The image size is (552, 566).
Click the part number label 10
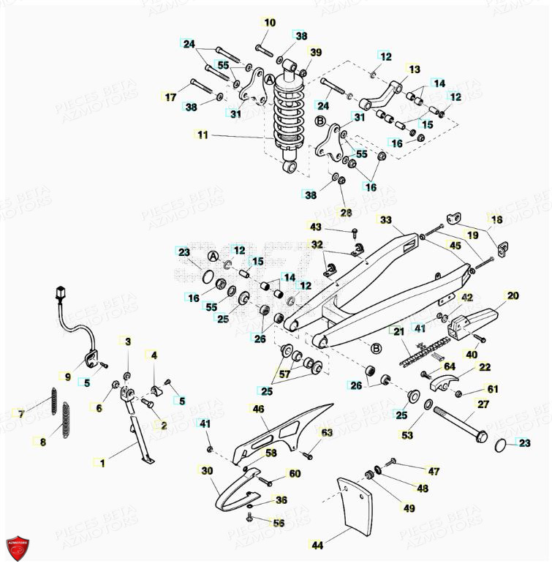tap(270, 23)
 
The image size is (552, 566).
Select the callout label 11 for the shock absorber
tap(203, 135)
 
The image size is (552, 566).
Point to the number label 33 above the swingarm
tap(385, 219)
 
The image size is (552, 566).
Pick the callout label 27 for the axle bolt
tap(483, 404)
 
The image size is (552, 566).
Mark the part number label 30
tap(206, 471)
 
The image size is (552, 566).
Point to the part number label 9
tap(67, 377)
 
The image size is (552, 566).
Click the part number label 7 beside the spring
tap(21, 415)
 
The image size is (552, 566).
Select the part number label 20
tap(513, 295)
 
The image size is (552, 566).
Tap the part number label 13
tap(415, 69)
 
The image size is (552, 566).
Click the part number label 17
tap(170, 97)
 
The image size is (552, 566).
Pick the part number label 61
tap(492, 389)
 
